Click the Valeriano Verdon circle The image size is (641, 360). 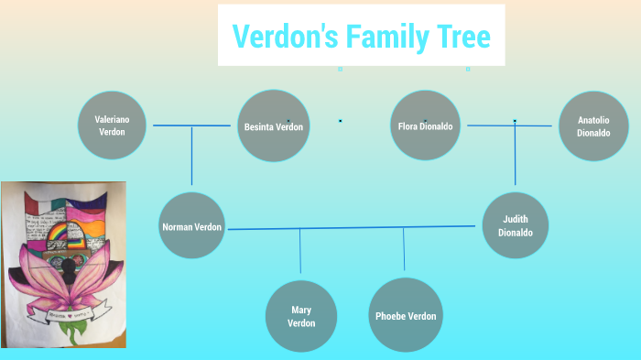click(x=112, y=125)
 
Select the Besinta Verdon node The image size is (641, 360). click(x=273, y=125)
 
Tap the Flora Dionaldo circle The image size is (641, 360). click(x=426, y=125)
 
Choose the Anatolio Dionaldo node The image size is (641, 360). click(x=593, y=125)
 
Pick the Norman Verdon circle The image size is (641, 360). click(x=191, y=225)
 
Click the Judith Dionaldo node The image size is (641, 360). click(x=515, y=225)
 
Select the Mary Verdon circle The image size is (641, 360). click(x=301, y=316)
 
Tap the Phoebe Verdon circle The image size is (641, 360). click(x=405, y=315)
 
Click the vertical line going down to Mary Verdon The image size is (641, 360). click(x=300, y=251)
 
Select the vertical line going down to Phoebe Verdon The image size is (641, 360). click(x=404, y=249)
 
